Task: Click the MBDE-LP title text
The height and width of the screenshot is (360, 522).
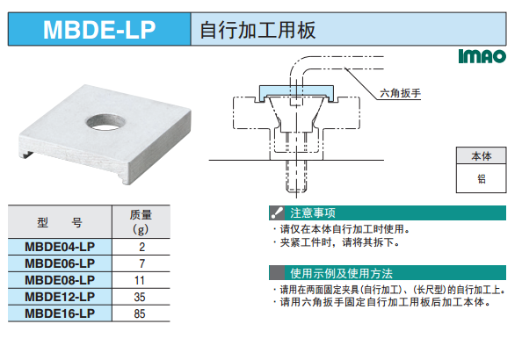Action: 99,30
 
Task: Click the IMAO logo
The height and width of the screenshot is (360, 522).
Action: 482,56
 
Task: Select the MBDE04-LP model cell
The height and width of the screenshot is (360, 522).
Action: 60,247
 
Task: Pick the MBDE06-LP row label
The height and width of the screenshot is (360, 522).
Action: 60,263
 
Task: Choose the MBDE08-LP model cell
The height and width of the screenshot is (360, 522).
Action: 60,280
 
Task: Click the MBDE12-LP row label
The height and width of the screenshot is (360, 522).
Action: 60,297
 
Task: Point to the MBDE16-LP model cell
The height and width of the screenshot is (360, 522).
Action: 60,313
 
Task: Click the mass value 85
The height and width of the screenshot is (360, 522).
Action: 140,313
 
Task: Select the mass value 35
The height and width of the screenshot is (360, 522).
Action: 140,297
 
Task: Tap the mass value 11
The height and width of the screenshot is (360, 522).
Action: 140,280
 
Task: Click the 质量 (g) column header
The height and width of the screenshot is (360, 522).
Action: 141,221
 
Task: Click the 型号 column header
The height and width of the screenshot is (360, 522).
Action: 60,221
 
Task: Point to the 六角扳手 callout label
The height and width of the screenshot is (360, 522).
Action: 400,93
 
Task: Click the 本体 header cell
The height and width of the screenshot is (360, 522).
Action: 481,155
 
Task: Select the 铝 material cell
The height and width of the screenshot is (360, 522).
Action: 481,178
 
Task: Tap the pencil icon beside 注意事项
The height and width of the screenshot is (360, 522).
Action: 277,213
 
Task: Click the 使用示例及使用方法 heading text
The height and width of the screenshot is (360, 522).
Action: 341,273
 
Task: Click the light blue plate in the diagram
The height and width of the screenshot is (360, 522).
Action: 296,90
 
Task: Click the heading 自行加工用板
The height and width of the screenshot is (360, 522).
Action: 257,30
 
